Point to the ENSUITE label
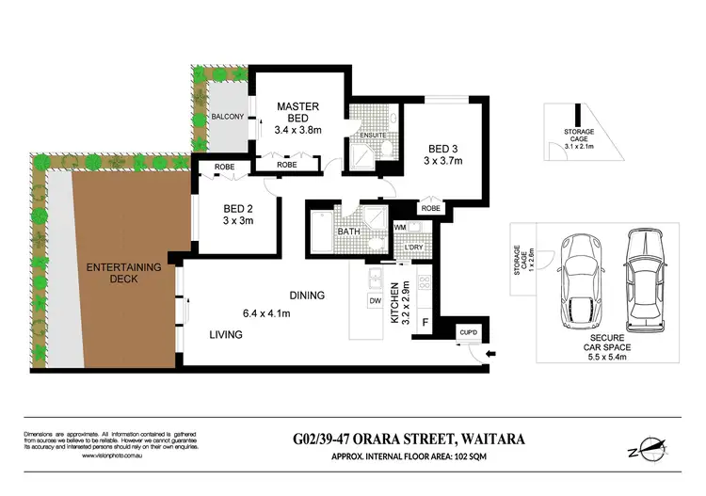(x=362, y=136)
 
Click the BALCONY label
(x=228, y=117)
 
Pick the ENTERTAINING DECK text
(x=124, y=274)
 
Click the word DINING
(x=307, y=295)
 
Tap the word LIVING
(x=226, y=334)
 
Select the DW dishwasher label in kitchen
(x=374, y=301)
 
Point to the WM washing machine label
(x=401, y=227)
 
